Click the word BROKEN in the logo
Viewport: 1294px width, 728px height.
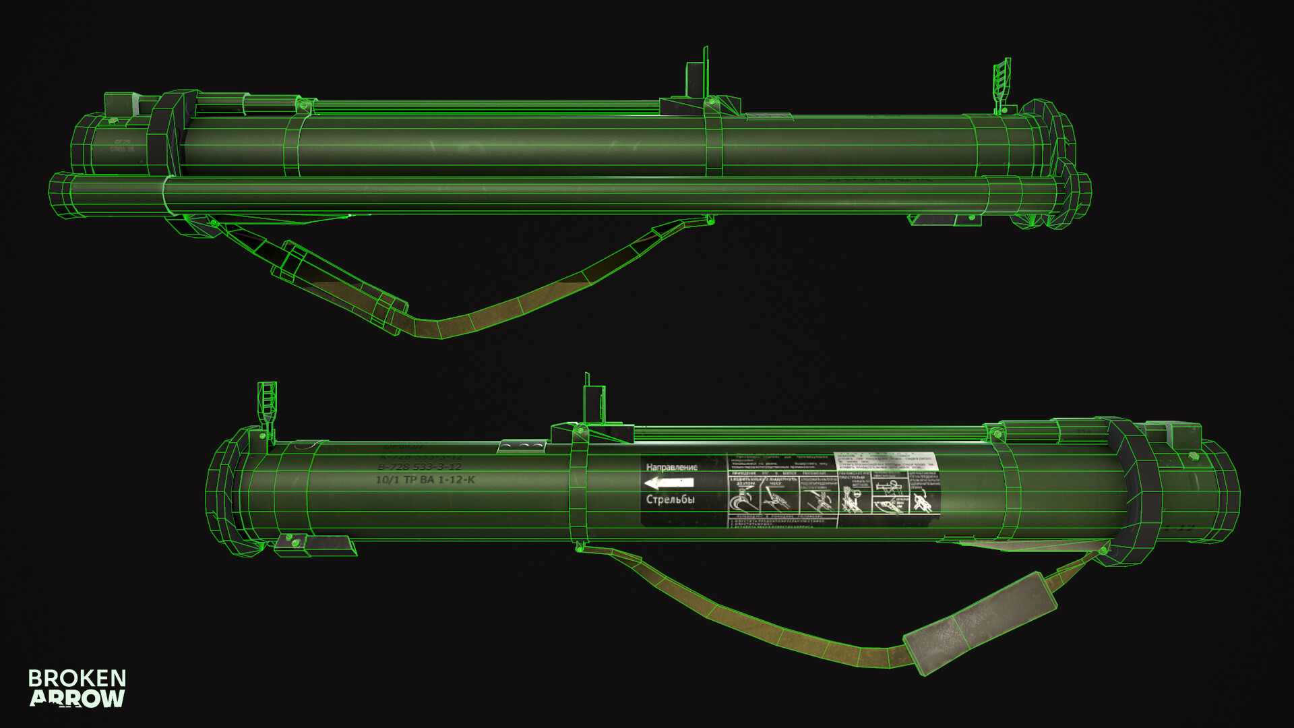coord(77,678)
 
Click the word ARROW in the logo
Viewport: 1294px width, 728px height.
coord(77,698)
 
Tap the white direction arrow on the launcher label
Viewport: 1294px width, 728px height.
coord(669,483)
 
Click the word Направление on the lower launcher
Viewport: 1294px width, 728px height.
coord(671,467)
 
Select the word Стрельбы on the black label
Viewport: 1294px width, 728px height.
coord(670,499)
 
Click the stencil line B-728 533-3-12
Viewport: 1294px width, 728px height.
coord(419,466)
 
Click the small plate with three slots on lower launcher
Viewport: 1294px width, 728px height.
coord(522,446)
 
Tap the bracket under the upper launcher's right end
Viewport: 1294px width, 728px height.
coord(944,220)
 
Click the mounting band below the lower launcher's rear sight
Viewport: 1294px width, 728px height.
coord(578,492)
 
